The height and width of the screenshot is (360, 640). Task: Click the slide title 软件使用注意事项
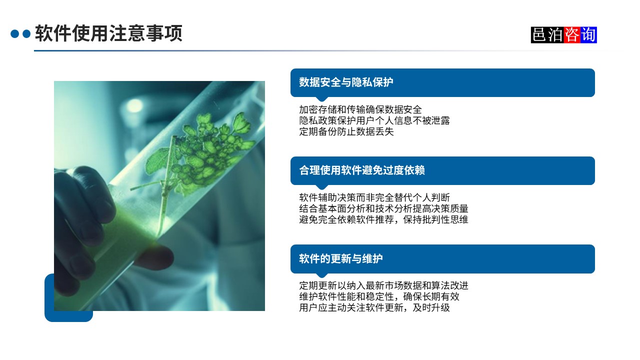(108, 34)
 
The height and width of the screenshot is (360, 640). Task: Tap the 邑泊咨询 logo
(563, 34)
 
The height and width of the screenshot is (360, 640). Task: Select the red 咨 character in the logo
(571, 34)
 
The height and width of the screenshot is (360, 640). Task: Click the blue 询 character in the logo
(588, 34)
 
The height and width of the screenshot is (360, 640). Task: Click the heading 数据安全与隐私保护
(346, 82)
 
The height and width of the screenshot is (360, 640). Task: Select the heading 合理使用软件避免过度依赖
(362, 170)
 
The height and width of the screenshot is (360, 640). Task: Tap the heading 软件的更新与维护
(341, 258)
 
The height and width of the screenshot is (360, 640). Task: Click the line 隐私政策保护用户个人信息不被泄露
(374, 120)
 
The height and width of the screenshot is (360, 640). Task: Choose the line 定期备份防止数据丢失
(346, 131)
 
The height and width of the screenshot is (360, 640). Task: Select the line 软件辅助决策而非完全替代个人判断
(374, 197)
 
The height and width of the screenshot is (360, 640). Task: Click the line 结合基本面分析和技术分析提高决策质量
(383, 208)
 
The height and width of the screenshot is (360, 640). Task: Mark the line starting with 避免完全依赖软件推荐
(383, 219)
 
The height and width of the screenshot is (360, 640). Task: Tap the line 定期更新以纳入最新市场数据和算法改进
(383, 285)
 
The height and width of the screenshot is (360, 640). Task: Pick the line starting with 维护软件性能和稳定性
(379, 296)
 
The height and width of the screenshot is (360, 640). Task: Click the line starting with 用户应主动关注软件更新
(374, 307)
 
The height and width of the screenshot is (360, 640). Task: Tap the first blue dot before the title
(14, 34)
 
